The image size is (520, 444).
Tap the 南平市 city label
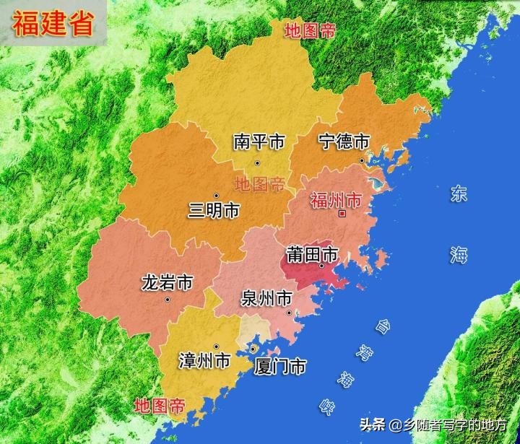[x=259, y=142]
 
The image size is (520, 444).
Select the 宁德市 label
[x=344, y=141]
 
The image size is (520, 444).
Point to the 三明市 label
[x=214, y=211]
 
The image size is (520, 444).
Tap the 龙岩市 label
[x=167, y=282]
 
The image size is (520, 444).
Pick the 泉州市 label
[x=267, y=297]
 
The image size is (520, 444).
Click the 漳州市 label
[x=205, y=360]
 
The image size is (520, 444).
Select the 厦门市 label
[x=280, y=367]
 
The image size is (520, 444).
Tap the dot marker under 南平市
[x=256, y=162]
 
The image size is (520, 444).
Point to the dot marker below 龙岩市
[x=168, y=300]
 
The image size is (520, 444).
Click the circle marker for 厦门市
[x=253, y=349]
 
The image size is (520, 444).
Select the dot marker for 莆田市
[x=321, y=266]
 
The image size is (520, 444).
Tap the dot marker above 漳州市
[x=216, y=347]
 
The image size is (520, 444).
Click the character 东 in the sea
[x=459, y=193]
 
